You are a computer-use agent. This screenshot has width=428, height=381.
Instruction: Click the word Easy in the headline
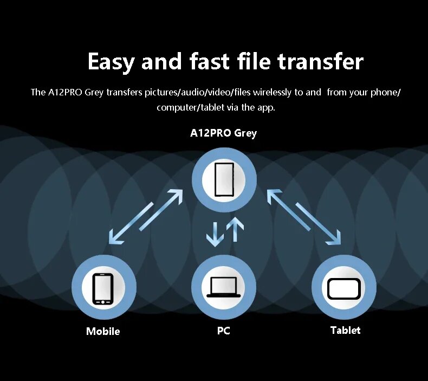(x=111, y=62)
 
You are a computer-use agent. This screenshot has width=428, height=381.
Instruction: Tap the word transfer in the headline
(x=320, y=62)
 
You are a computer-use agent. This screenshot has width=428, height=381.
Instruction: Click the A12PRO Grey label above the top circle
(x=223, y=133)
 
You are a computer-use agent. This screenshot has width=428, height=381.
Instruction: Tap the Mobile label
(x=103, y=331)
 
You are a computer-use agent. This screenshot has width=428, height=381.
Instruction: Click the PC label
(x=223, y=330)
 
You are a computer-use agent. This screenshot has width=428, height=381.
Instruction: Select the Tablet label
(x=345, y=330)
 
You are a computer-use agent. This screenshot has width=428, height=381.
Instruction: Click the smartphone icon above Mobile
(x=103, y=288)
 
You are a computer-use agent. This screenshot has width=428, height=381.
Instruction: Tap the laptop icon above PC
(x=223, y=287)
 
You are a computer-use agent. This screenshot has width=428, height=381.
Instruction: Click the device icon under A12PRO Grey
(x=224, y=179)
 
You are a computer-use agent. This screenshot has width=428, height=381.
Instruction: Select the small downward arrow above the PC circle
(x=215, y=233)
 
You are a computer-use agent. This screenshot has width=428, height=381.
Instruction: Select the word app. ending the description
(x=266, y=107)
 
